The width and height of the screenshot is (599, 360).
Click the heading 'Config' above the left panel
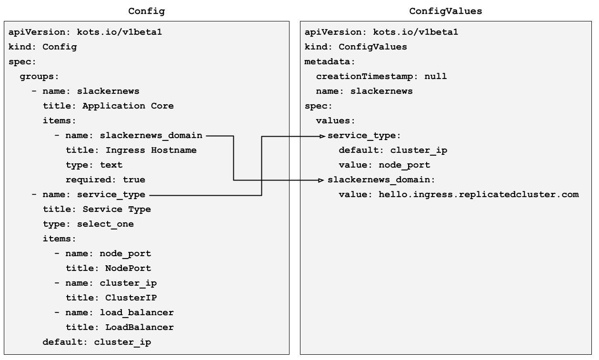coord(147,11)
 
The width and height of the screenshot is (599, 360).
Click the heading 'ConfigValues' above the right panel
coord(445,11)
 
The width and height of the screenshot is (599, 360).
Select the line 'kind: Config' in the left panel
coord(42,47)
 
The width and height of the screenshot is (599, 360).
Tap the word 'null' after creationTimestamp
coord(435,76)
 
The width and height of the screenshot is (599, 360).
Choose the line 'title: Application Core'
coord(108,106)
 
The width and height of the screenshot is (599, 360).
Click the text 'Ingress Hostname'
coord(151,150)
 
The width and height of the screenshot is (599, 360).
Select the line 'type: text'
coord(94,165)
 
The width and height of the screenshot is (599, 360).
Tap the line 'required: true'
coord(105,180)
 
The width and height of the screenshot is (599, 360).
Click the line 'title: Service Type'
coord(97,209)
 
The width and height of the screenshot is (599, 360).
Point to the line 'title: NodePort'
coord(108,268)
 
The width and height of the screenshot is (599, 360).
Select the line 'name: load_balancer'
coord(120,312)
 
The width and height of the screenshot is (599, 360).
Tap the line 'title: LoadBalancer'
coord(120,327)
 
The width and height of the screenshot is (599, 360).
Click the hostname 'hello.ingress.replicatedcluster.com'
coord(479,194)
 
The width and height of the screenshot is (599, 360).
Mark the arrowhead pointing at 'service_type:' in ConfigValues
coord(323,136)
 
